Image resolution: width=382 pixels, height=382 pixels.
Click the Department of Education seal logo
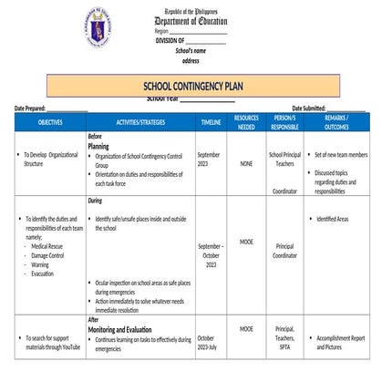click(96, 25)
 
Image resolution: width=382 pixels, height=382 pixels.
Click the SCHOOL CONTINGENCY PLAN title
click(191, 86)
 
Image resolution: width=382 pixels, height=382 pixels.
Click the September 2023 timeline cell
click(208, 160)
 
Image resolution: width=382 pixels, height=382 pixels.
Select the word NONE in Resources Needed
click(246, 164)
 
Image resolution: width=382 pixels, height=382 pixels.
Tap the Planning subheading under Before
click(98, 145)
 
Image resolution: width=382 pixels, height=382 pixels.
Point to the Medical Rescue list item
click(47, 246)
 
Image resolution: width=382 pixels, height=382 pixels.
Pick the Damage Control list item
click(47, 255)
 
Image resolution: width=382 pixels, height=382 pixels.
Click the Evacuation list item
click(42, 274)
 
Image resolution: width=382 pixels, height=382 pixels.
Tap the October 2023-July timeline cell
click(206, 343)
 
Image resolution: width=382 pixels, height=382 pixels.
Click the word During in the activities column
click(95, 200)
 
